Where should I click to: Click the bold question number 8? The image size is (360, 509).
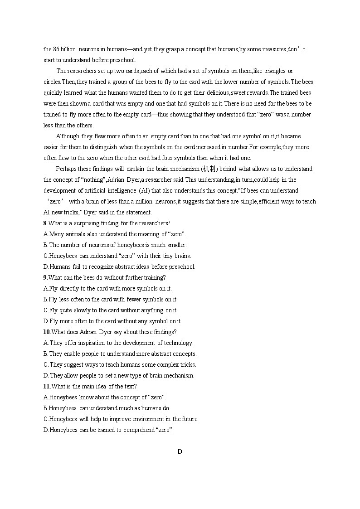pyautogui.click(x=45, y=223)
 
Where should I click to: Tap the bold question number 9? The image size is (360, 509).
pyautogui.click(x=45, y=277)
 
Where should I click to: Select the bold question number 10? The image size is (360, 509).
pyautogui.click(x=46, y=332)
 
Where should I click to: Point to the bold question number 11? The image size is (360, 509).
pyautogui.click(x=46, y=386)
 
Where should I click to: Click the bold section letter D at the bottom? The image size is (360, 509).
pyautogui.click(x=180, y=451)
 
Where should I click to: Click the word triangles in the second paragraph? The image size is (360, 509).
pyautogui.click(x=276, y=71)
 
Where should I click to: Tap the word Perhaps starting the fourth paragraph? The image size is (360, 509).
pyautogui.click(x=66, y=169)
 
